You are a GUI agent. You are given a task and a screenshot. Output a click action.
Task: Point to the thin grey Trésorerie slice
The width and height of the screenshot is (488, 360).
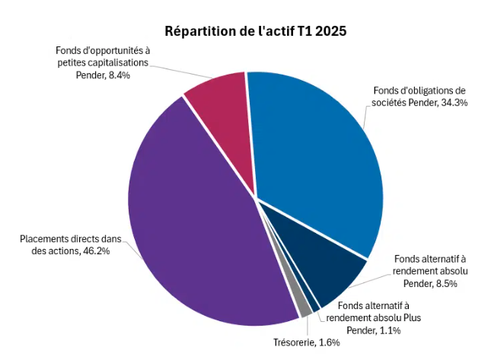click(x=305, y=307)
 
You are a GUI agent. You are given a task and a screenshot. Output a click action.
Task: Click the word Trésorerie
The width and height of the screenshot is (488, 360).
click(x=295, y=342)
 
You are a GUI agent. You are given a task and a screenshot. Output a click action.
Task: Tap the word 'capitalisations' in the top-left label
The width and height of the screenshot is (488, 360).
click(x=106, y=63)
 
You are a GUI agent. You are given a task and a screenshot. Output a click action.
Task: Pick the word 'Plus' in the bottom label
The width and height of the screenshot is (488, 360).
click(x=410, y=317)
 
